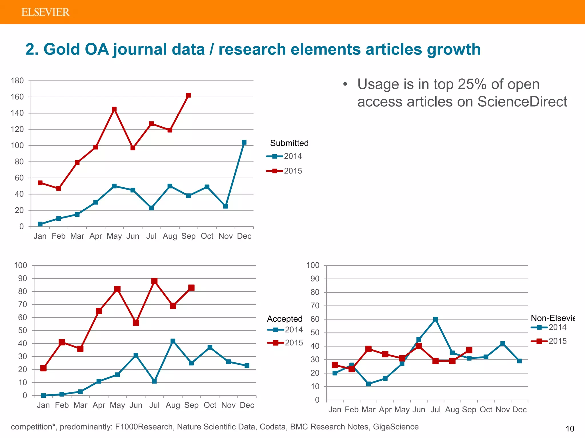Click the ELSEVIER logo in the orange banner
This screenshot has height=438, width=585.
pos(45,12)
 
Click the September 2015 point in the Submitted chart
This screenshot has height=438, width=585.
pos(188,96)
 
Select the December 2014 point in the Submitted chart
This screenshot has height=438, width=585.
pos(244,142)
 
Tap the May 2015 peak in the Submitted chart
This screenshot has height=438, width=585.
pos(114,109)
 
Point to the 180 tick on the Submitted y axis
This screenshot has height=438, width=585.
pos(17,81)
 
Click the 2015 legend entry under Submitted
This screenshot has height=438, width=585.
pos(284,171)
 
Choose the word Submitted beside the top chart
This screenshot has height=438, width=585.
pos(289,143)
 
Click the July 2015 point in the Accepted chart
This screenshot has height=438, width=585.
pos(154,281)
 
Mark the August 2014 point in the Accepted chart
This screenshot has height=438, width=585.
pos(173,341)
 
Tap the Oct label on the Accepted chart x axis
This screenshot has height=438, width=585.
pos(210,405)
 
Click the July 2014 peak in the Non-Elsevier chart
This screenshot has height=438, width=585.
pos(435,319)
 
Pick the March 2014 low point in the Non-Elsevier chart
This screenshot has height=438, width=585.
pos(368,384)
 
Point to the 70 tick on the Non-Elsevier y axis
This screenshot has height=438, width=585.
pos(315,306)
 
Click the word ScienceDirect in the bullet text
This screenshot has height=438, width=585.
pos(522,102)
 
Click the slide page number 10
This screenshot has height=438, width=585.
pos(570,429)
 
